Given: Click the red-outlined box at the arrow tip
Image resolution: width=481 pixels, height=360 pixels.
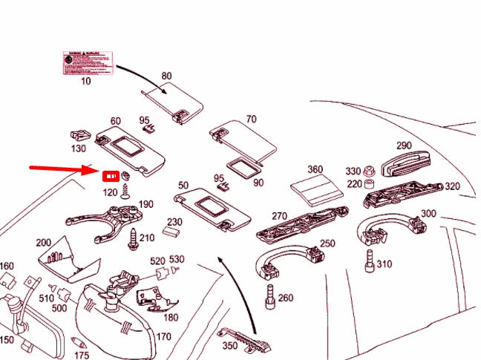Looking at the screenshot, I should click(111, 177).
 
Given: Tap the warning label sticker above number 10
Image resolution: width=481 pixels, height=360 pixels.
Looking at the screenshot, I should click(87, 63).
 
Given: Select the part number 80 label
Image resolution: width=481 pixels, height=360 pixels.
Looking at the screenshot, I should click(166, 76).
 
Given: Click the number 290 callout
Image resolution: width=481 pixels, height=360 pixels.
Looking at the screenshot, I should click(404, 145).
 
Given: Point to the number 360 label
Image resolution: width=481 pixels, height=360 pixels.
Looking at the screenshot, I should click(315, 169).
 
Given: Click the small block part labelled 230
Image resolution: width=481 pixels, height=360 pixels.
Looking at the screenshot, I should click(174, 232).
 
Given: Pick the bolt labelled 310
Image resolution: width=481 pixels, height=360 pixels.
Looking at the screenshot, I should click(368, 261).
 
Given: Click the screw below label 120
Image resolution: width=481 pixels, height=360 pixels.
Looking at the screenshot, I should click(126, 191).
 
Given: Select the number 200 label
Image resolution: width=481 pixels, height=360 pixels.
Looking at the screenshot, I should click(43, 243).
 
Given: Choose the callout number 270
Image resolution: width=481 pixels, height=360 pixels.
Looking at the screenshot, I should click(279, 216).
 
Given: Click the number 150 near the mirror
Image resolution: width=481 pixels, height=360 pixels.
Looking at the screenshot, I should click(6, 340).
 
